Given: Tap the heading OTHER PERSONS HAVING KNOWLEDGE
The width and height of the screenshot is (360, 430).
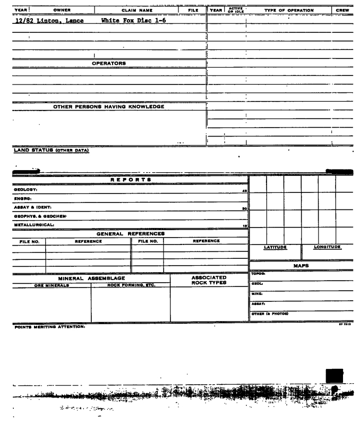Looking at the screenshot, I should (x=109, y=106).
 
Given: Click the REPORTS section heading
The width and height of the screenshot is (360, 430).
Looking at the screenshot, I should (x=130, y=180).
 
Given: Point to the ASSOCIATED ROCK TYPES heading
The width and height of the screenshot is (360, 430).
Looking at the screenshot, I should (x=209, y=280).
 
